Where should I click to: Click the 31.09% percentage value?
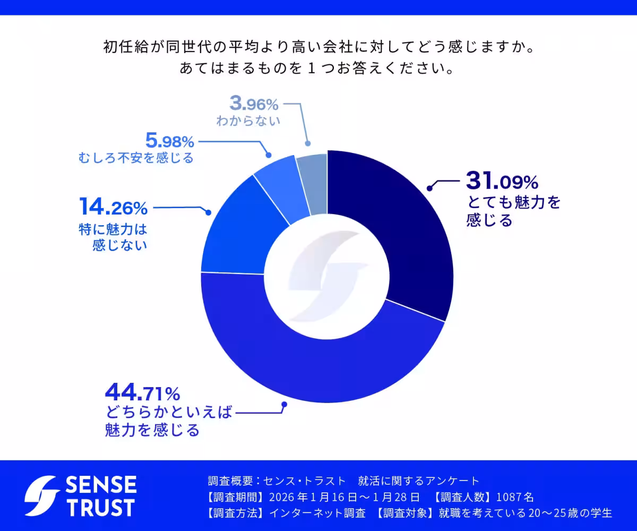point(502,182)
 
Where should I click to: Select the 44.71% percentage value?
point(143,393)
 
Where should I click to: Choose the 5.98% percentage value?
point(169,142)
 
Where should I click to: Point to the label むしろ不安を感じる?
point(135,158)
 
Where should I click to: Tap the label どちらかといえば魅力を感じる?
point(169,421)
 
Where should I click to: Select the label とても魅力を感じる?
point(513,211)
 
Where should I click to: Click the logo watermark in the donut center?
point(327,277)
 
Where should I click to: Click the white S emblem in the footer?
point(42,496)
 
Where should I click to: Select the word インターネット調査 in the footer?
point(317,513)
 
